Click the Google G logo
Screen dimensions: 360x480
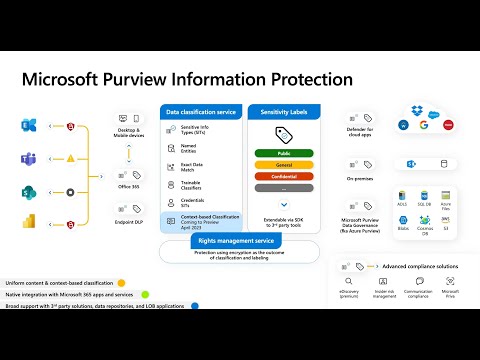(424, 125)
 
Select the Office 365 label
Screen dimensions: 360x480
(129, 185)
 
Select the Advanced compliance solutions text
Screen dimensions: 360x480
(421, 265)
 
